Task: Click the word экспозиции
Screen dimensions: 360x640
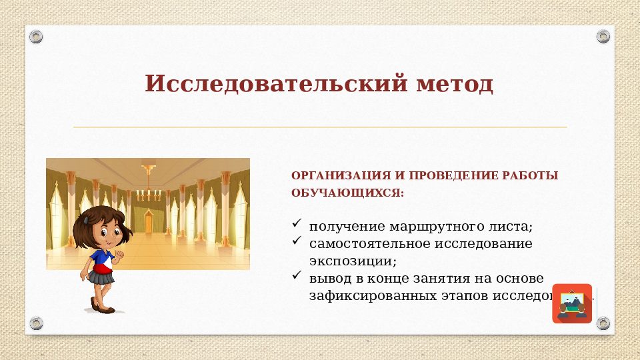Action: (x=352, y=261)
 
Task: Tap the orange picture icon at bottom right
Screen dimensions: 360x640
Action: (x=572, y=303)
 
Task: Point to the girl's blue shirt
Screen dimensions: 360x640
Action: (x=100, y=256)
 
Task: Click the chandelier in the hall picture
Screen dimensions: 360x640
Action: (x=149, y=190)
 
